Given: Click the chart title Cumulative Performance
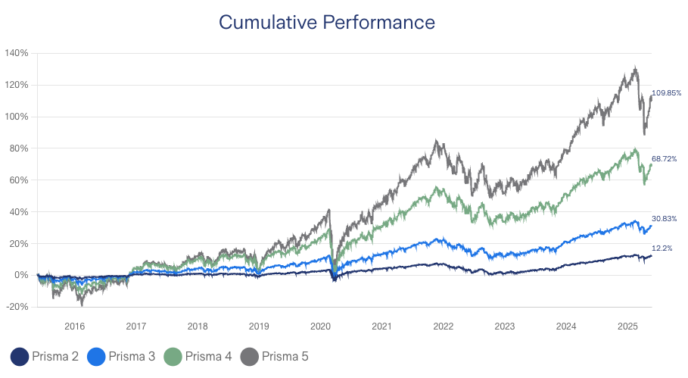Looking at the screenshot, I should [326, 23].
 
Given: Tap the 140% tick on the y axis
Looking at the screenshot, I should [17, 53].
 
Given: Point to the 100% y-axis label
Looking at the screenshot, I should [17, 117].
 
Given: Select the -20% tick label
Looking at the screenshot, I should [17, 307].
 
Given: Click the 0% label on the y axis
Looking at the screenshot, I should [21, 275].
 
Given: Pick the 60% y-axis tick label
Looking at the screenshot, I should [18, 180].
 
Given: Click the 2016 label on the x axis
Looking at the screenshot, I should [74, 326].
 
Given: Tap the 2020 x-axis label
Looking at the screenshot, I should [320, 326].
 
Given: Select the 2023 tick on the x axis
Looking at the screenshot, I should [505, 326].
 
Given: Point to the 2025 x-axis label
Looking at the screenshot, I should [627, 326].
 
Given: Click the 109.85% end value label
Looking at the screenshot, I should [666, 93].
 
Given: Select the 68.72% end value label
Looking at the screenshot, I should [665, 159].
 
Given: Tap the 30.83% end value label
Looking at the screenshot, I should [665, 218].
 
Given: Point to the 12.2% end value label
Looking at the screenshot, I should [662, 248].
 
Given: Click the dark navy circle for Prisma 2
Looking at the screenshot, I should [20, 356].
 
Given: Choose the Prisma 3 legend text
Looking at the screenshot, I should [132, 356].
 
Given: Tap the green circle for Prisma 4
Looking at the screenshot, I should [173, 356].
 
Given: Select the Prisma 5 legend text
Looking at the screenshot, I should [285, 356].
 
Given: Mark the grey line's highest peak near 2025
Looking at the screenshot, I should [634, 67].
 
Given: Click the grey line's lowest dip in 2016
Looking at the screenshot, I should [82, 304].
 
